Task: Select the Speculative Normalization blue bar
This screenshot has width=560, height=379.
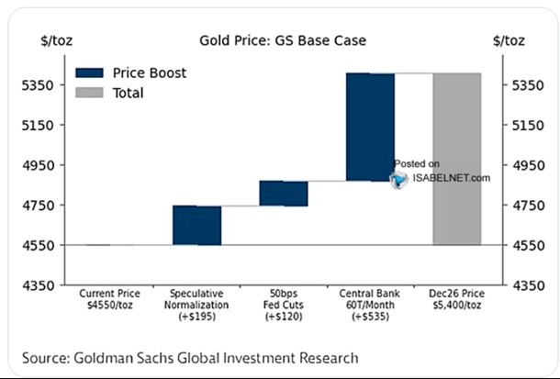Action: pos(196,225)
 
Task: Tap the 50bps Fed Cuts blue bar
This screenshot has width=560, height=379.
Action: pos(284,193)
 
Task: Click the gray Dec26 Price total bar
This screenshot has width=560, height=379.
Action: pos(456,159)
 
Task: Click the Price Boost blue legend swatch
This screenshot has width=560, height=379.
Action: pos(91,72)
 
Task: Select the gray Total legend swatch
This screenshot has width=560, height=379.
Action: pos(91,93)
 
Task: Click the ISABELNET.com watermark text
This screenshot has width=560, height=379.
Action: pos(450,178)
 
